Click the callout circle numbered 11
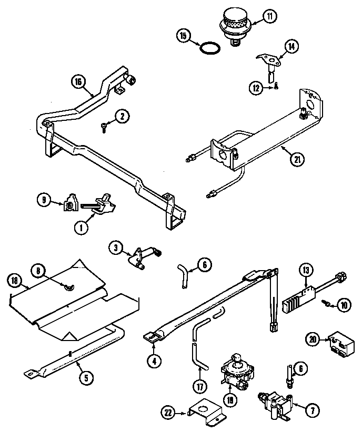coord(269,17)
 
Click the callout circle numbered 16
coord(78,81)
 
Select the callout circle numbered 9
coord(44,199)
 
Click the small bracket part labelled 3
coord(140,256)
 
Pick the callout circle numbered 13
coord(307,271)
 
